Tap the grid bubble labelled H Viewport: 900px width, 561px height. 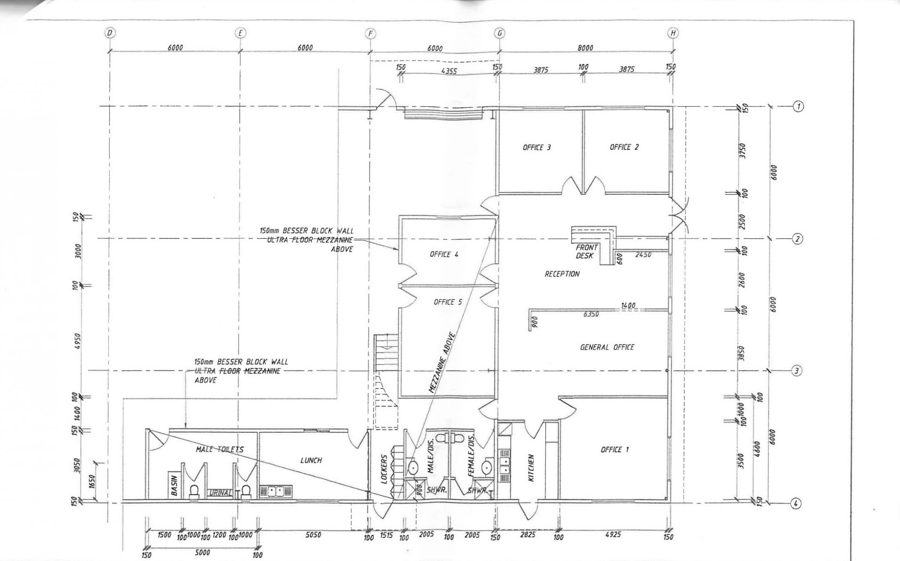click(x=673, y=33)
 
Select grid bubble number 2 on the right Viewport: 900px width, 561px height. click(x=797, y=239)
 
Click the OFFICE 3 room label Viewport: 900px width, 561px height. click(x=537, y=148)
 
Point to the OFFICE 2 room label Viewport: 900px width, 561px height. click(x=624, y=147)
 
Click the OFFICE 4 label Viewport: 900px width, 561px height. click(x=444, y=255)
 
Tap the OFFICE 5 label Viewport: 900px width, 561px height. click(x=448, y=302)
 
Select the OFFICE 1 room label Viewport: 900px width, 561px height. click(x=615, y=450)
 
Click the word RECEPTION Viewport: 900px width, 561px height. click(x=562, y=274)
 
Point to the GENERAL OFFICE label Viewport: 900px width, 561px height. click(x=607, y=347)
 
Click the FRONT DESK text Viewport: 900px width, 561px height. click(x=586, y=251)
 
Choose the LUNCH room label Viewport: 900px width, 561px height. click(x=311, y=460)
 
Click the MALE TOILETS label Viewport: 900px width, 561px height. click(x=220, y=450)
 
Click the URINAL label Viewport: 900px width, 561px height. click(x=220, y=493)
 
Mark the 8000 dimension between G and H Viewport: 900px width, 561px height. click(x=585, y=48)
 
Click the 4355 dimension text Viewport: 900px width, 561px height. click(x=449, y=72)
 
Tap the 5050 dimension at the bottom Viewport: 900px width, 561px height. click(x=313, y=535)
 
